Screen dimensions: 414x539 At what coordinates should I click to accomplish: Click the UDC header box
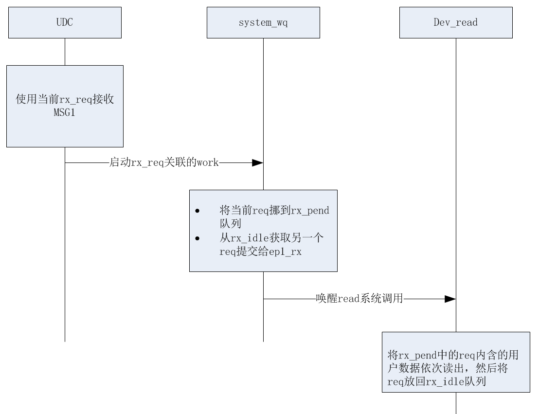(x=65, y=22)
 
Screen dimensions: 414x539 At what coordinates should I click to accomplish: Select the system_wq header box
(x=263, y=22)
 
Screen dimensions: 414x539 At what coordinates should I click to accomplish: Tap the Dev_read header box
(x=456, y=22)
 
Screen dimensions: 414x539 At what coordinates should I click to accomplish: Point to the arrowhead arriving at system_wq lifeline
(x=257, y=163)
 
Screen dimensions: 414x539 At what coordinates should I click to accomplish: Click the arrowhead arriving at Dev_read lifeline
(x=450, y=299)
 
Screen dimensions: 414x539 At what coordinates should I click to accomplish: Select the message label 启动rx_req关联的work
(x=164, y=163)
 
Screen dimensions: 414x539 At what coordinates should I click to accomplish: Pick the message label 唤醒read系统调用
(x=359, y=299)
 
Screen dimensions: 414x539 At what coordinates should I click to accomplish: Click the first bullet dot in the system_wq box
(x=197, y=211)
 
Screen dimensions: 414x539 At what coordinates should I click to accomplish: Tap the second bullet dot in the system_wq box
(x=197, y=238)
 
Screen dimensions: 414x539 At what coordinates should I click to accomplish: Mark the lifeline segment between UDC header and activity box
(x=65, y=52)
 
